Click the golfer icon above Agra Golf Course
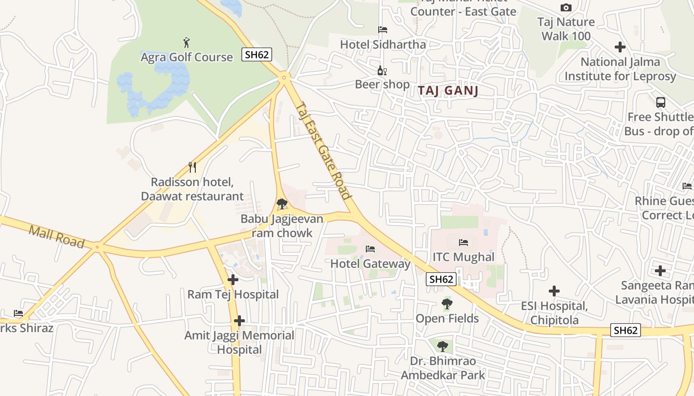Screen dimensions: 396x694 186,43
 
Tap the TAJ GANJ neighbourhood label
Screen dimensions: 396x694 448,91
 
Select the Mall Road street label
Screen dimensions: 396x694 57,236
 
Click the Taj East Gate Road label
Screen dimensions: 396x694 324,150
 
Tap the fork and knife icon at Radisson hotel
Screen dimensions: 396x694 192,167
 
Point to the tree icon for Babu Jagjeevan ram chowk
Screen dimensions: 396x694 282,203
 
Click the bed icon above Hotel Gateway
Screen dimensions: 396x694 370,248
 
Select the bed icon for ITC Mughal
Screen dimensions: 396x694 463,242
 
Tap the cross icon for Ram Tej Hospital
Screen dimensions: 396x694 232,280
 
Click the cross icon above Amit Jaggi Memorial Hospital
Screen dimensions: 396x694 239,321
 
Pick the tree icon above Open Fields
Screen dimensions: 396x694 447,303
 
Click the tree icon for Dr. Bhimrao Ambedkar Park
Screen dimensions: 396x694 443,346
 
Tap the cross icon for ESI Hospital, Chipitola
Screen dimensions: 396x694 554,291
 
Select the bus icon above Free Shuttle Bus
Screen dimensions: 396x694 661,102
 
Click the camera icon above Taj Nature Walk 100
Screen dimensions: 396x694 566,7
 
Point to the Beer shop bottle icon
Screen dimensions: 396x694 382,70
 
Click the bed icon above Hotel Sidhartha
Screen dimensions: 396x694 382,30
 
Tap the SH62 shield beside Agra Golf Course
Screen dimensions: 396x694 257,54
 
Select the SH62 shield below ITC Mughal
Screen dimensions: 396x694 441,279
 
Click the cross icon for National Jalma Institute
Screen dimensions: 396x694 620,48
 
